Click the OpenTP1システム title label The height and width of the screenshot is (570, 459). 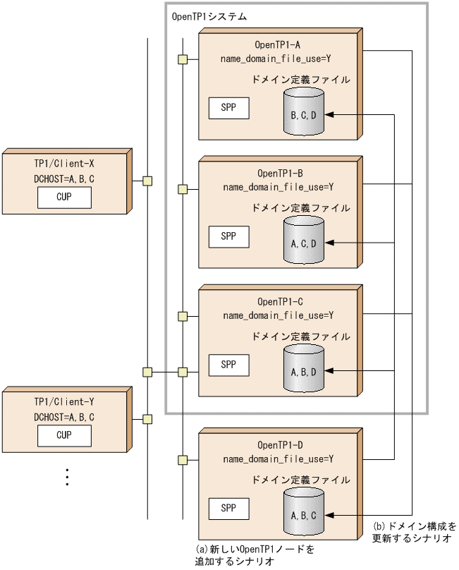[x=209, y=15]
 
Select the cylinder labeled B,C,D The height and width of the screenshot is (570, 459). [x=304, y=113]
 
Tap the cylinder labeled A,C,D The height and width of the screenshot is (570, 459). [x=304, y=242]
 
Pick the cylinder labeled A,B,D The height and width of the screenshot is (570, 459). [x=304, y=370]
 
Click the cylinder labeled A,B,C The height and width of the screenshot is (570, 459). [x=304, y=514]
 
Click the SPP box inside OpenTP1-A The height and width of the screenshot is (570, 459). [x=228, y=108]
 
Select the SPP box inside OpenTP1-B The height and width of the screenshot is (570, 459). [x=228, y=236]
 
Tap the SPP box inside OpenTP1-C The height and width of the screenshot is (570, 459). [x=228, y=365]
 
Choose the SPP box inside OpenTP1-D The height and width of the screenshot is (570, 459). [x=228, y=507]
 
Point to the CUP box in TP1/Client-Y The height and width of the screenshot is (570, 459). [x=64, y=436]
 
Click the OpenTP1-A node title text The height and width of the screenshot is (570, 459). [x=280, y=44]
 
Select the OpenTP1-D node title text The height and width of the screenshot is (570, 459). [x=280, y=444]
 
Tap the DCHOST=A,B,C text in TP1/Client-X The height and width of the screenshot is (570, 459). [x=64, y=179]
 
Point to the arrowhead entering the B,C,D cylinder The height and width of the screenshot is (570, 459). [x=330, y=114]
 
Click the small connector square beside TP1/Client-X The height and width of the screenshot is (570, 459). [x=147, y=181]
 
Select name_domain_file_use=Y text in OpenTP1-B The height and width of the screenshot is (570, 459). [x=278, y=187]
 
